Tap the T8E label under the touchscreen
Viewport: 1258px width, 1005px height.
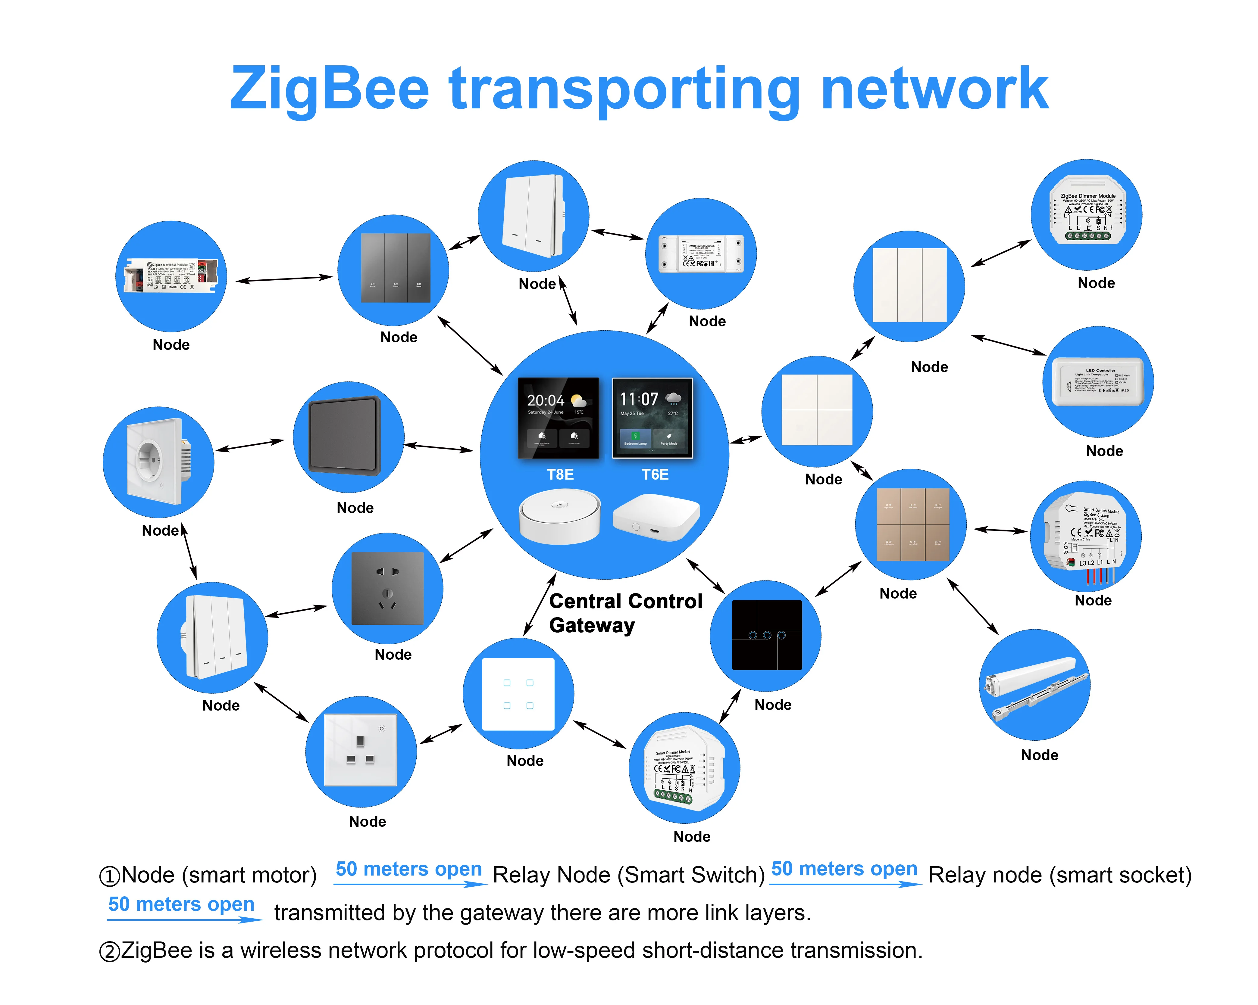tap(560, 474)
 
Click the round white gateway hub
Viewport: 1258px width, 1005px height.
tap(559, 517)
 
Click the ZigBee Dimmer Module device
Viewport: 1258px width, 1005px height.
tap(1087, 215)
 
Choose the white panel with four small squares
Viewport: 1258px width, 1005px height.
tap(518, 694)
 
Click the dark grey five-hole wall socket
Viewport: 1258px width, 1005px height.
tap(387, 589)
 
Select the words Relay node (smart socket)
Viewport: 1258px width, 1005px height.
tap(1059, 875)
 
